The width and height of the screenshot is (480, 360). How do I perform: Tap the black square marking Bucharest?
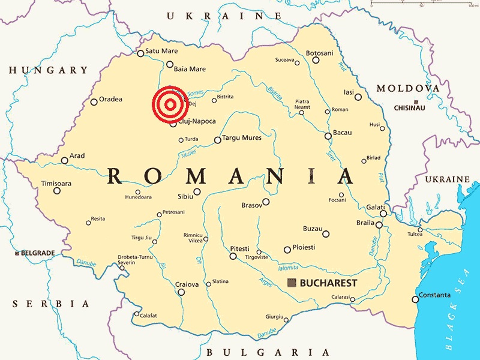(x=292, y=283)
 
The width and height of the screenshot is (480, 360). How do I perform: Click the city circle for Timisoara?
(x=57, y=191)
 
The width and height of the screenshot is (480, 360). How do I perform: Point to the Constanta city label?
(x=434, y=295)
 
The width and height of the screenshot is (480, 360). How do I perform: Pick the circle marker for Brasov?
(x=266, y=202)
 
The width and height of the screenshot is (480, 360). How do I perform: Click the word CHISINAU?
(x=409, y=107)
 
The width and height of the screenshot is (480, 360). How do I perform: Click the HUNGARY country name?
(x=49, y=71)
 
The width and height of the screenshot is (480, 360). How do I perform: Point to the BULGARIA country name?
(x=267, y=352)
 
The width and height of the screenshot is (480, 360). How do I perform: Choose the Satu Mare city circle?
(x=140, y=53)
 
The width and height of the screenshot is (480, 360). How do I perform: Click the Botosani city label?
(x=319, y=53)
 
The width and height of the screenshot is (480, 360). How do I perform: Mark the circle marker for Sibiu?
(x=197, y=192)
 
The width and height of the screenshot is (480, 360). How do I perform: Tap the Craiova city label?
(x=187, y=284)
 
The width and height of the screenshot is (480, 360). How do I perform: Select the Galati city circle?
(x=383, y=213)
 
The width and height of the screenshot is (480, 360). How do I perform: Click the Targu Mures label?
(x=242, y=137)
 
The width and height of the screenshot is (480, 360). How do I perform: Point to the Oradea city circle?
(x=94, y=102)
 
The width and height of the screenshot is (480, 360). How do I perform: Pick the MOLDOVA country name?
(x=407, y=88)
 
